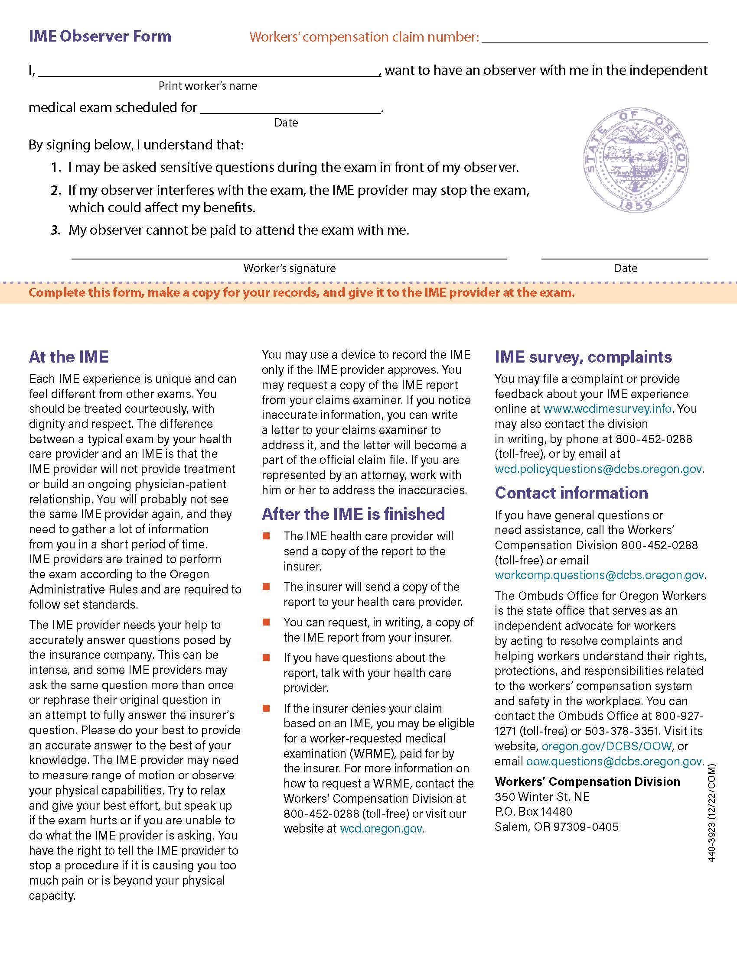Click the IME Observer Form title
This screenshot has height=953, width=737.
click(100, 36)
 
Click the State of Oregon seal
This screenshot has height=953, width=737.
click(636, 161)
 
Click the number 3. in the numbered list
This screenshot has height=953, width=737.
click(55, 230)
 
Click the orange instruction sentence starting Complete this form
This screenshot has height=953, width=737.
click(301, 292)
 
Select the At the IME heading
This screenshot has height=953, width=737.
click(68, 357)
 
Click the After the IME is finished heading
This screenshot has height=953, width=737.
click(353, 514)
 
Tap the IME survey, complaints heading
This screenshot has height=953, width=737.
click(583, 357)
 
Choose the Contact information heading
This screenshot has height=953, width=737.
click(571, 493)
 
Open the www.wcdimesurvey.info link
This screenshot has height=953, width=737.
click(607, 409)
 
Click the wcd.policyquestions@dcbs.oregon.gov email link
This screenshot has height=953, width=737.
click(598, 469)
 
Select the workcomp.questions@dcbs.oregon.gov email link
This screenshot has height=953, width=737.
click(599, 575)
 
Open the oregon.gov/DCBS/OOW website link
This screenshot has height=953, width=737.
click(607, 746)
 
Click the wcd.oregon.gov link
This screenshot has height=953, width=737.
click(381, 828)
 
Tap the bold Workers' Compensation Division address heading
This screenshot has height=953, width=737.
click(587, 781)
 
